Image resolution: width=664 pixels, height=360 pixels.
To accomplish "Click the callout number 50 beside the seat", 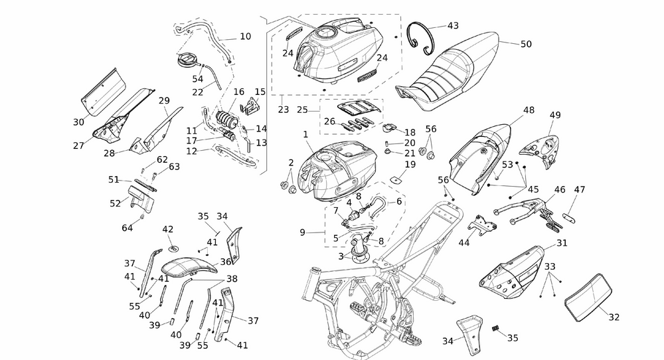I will [525, 45].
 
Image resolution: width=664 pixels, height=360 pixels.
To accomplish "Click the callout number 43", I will [453, 26].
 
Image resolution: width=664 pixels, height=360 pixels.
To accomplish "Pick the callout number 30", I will [79, 122].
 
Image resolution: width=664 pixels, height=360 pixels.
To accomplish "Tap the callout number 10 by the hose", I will [245, 37].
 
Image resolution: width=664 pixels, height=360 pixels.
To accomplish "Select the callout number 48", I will [529, 110].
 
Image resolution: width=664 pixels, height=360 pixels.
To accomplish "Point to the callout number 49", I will [555, 115].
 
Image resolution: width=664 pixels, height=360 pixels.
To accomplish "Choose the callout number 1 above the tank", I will [305, 134].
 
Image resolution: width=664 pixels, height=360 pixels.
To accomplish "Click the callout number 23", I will [284, 110].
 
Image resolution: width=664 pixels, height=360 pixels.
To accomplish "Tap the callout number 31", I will [562, 243].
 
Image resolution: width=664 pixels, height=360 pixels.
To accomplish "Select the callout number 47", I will [580, 189].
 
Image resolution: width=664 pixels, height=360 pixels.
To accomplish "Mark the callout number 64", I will [127, 228].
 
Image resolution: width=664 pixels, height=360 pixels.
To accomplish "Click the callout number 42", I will [168, 229].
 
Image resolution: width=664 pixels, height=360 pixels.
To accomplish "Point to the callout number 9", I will [302, 232].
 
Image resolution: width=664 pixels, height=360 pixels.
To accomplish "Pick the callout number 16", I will [239, 92].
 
